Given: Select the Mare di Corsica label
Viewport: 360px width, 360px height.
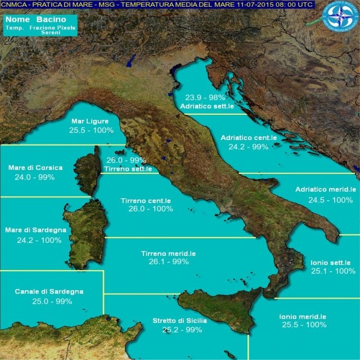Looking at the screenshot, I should pyautogui.click(x=35, y=168).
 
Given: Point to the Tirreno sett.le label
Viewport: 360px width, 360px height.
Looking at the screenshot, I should pyautogui.click(x=128, y=169).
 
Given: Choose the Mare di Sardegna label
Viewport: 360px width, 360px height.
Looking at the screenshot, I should pyautogui.click(x=35, y=230).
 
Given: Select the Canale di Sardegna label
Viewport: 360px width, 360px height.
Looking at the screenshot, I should pyautogui.click(x=49, y=291).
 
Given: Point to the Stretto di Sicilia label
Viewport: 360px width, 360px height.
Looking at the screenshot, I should pyautogui.click(x=179, y=321).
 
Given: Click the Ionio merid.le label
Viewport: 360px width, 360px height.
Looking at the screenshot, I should pyautogui.click(x=303, y=316).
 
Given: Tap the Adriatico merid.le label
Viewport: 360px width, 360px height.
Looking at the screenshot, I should pyautogui.click(x=326, y=190).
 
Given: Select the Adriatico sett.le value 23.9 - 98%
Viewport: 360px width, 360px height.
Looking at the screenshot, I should pyautogui.click(x=205, y=96).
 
